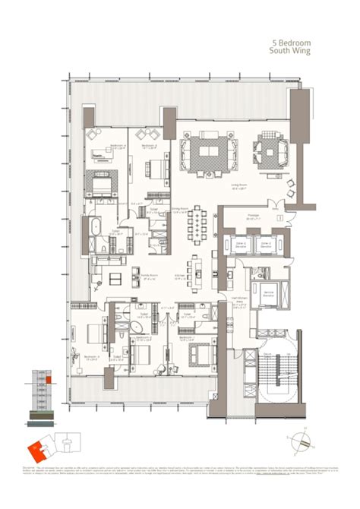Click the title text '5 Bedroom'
292,44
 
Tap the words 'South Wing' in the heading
292,53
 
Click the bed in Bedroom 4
103,182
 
